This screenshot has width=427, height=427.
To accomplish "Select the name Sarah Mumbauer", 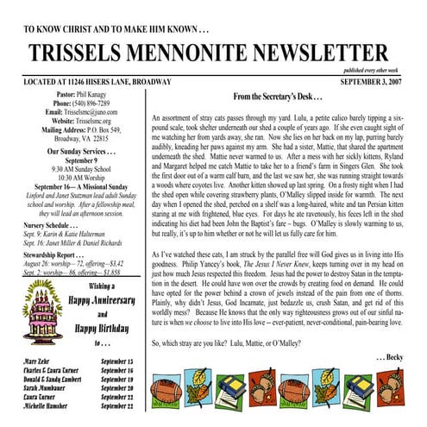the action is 50,387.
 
